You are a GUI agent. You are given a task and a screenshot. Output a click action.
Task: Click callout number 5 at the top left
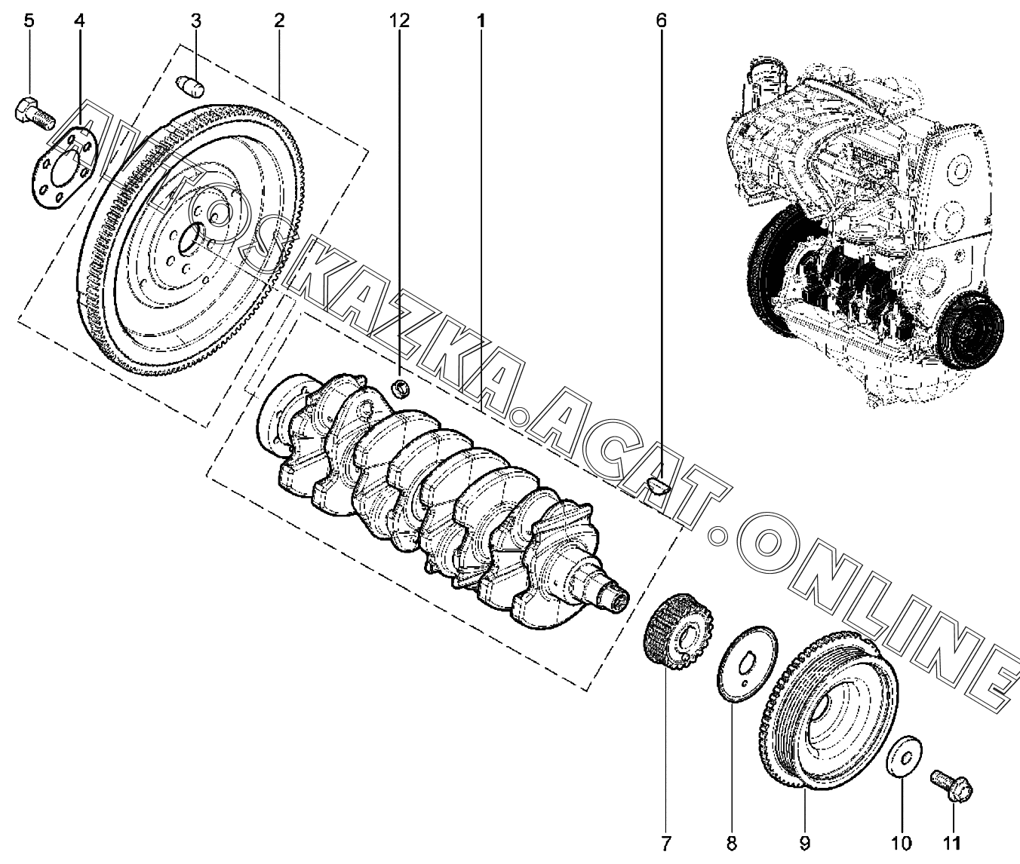(x=29, y=21)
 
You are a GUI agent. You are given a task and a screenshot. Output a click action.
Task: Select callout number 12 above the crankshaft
(x=399, y=21)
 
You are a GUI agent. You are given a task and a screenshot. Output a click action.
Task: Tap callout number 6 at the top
(x=661, y=21)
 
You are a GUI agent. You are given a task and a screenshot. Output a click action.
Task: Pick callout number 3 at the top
(x=196, y=21)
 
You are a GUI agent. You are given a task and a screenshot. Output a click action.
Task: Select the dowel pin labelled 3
(x=190, y=87)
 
